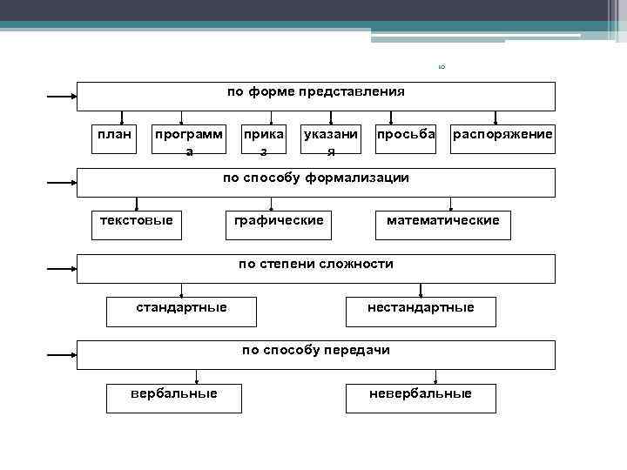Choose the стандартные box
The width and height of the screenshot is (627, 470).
pos(181,311)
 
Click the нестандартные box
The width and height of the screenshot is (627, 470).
pos(421,311)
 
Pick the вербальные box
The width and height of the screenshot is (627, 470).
pos(174,398)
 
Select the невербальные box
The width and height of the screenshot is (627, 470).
pos(421,398)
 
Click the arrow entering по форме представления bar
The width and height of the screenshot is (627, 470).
pos(61,97)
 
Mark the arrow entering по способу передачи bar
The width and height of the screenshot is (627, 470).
pos(61,355)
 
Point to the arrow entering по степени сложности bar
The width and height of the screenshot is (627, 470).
pos(61,269)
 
